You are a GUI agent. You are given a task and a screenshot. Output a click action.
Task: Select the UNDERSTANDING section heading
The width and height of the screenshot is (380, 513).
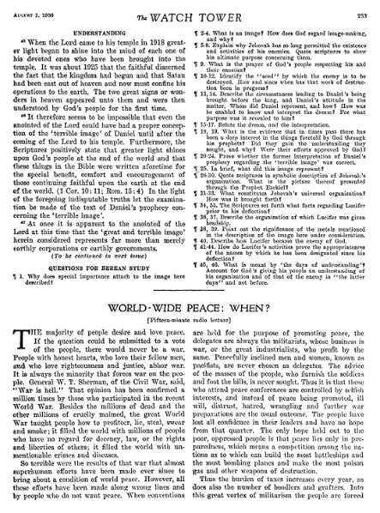pos(97,26)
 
